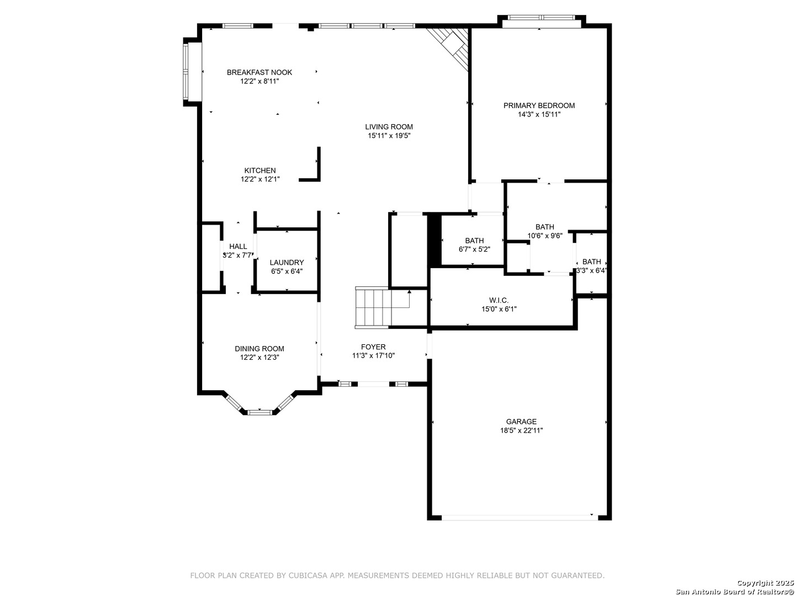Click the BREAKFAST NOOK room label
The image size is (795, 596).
(259, 72)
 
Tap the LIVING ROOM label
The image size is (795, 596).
(389, 127)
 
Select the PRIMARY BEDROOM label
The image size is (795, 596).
(539, 105)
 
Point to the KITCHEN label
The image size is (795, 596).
(259, 171)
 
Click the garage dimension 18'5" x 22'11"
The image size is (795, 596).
(521, 430)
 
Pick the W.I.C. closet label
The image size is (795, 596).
(499, 300)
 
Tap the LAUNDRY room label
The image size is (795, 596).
(287, 262)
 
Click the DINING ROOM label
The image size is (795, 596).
(259, 349)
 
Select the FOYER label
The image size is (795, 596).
(373, 347)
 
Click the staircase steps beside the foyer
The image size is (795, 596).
(373, 307)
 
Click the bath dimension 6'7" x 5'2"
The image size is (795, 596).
(474, 249)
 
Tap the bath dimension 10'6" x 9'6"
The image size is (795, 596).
(545, 236)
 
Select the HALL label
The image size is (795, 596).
(238, 247)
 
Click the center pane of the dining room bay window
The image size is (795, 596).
(259, 413)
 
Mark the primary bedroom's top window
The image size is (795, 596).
(541, 17)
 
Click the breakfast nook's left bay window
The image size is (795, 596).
(186, 72)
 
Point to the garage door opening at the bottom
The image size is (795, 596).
(520, 518)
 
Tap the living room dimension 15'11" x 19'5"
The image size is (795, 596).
(389, 136)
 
